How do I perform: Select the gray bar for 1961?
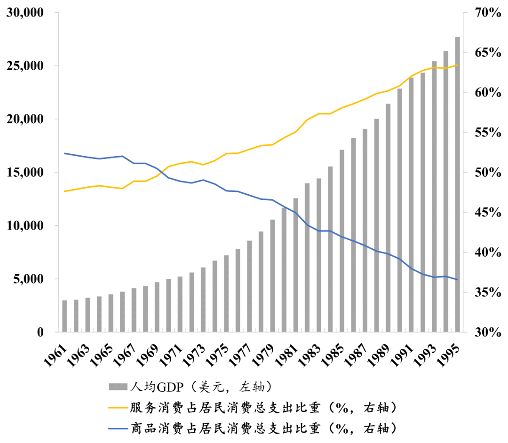[x=65, y=316]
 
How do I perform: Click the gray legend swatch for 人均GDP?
[x=118, y=387]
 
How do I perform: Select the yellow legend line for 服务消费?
[x=118, y=407]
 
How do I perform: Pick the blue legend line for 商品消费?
[x=118, y=428]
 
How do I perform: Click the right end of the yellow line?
[x=457, y=65]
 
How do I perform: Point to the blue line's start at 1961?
[x=65, y=153]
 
